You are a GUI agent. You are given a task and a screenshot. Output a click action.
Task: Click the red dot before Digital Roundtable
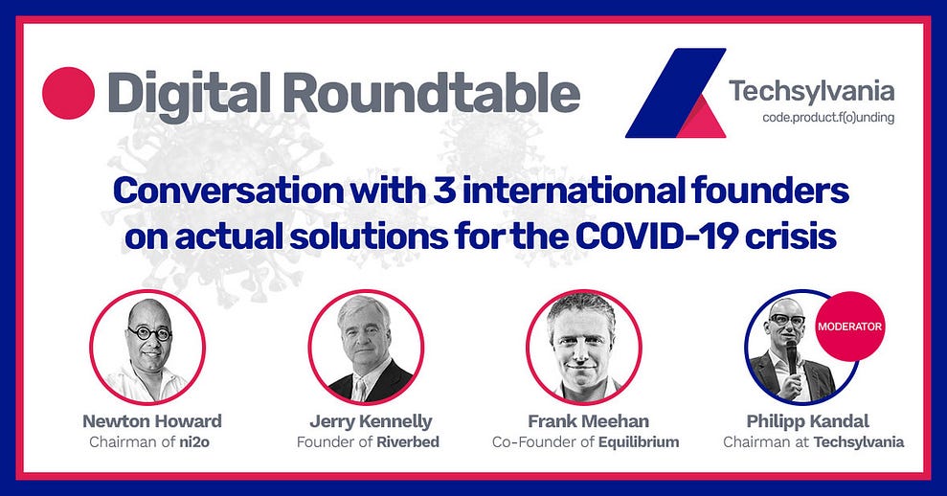point(68,93)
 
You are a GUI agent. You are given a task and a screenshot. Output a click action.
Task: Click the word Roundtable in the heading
point(430,93)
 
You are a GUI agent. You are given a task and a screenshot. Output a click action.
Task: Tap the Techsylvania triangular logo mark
point(676,93)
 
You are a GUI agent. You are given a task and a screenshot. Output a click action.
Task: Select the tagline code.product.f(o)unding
point(828,117)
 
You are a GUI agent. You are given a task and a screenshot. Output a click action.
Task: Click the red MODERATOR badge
point(849,327)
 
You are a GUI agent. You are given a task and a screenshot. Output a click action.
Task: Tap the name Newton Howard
point(152,421)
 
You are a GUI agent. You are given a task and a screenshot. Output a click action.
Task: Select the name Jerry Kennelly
point(371,421)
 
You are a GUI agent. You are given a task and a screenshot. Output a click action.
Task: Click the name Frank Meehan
point(589,421)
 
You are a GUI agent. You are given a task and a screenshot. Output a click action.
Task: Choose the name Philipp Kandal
point(807,421)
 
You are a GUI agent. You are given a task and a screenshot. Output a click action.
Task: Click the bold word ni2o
point(194,442)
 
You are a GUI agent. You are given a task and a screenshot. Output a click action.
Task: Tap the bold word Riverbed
point(408,442)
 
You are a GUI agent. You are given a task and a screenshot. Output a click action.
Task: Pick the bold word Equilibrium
point(639,442)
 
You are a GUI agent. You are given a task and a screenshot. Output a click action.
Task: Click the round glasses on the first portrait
point(148,333)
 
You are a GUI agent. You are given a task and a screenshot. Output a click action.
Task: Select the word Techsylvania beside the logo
point(812,91)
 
